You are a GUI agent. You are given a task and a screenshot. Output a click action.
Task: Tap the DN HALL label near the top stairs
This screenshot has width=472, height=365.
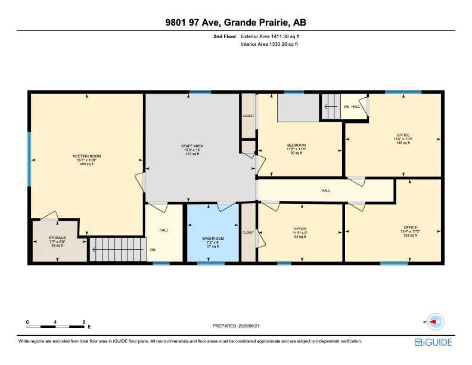click(x=352, y=106)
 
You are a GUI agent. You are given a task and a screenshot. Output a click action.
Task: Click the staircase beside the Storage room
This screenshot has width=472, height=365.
click(x=117, y=249)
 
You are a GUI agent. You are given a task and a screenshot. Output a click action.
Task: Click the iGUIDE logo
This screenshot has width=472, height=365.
click(x=433, y=342)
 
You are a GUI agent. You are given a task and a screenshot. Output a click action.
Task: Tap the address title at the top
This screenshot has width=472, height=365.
click(x=236, y=23)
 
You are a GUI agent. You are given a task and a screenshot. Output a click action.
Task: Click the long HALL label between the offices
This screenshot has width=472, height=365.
click(x=326, y=190)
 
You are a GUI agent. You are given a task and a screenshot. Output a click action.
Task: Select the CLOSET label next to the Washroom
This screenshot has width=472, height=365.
click(x=248, y=232)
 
